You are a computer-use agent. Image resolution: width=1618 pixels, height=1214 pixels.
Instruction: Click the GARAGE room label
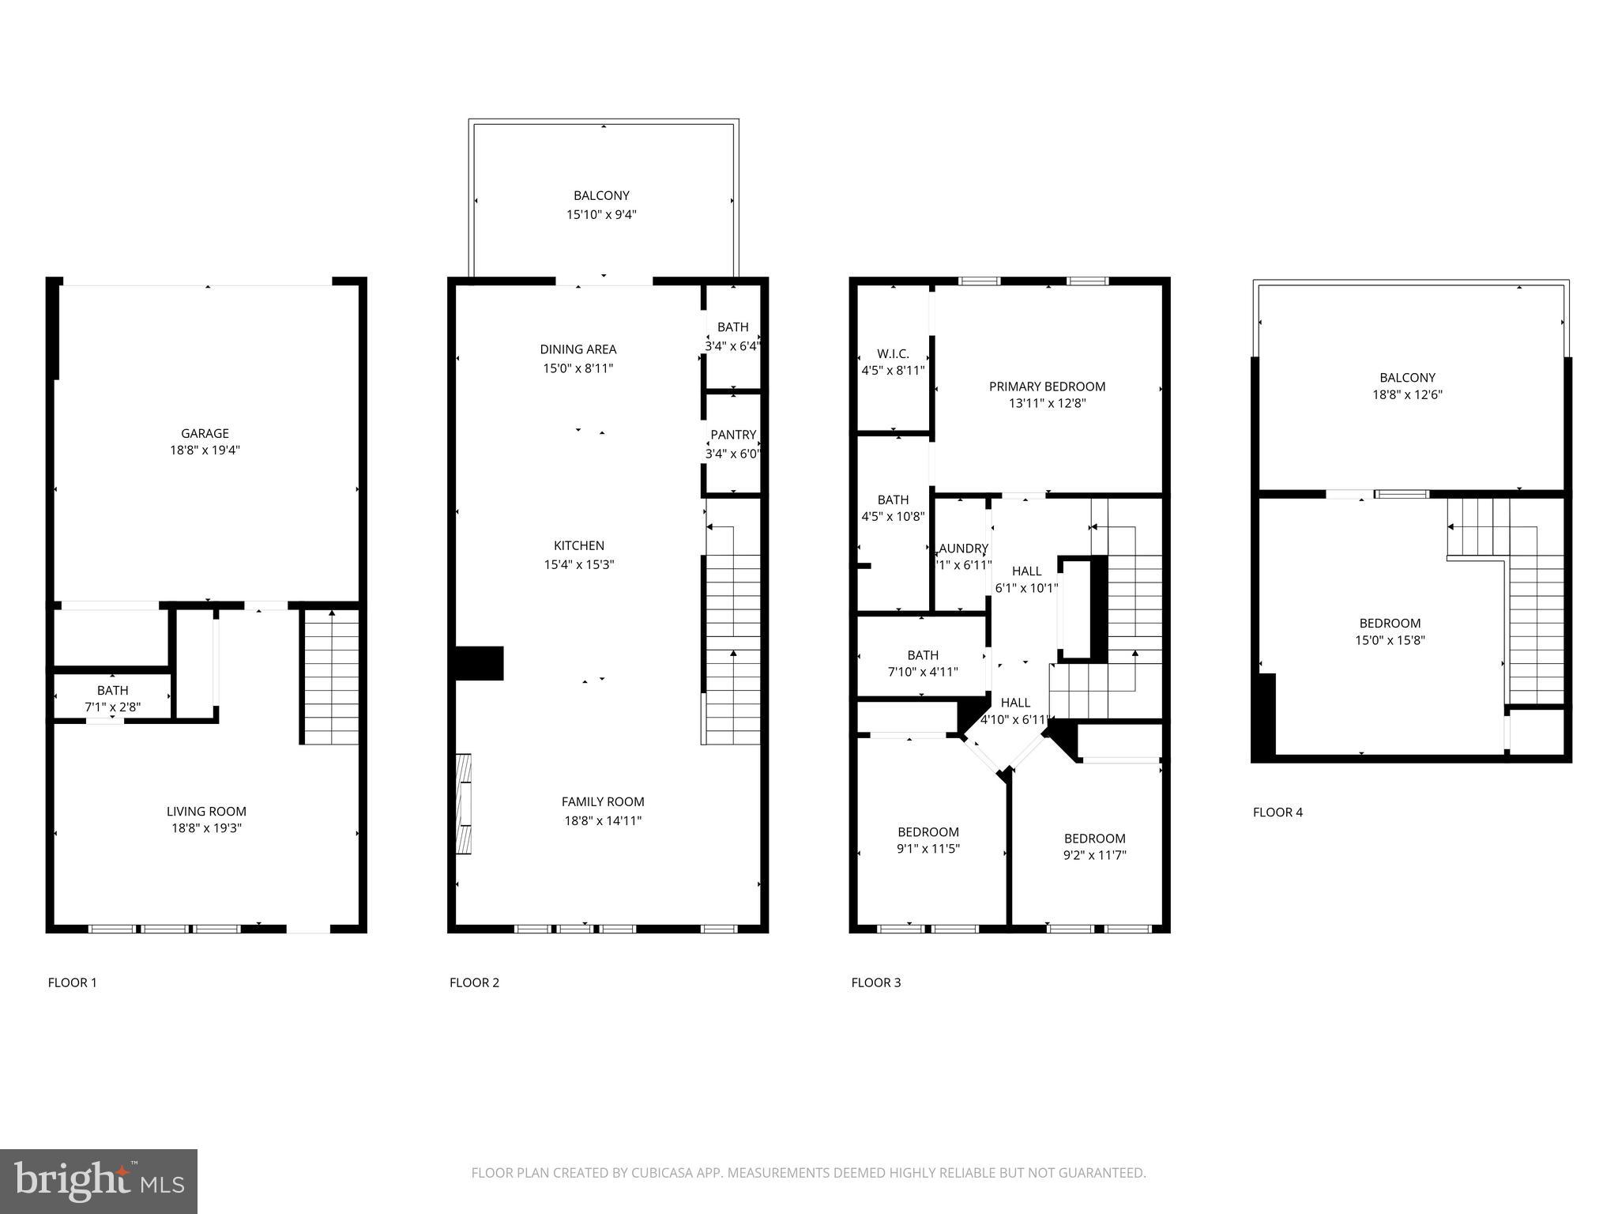tap(205, 433)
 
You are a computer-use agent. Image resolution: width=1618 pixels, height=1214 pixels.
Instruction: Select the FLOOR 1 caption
tap(72, 982)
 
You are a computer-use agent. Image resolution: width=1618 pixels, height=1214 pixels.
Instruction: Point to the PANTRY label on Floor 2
tap(732, 435)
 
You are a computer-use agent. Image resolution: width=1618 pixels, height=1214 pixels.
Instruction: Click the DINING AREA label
tap(578, 349)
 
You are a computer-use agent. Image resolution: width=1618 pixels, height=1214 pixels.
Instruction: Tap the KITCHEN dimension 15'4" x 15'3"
tap(578, 564)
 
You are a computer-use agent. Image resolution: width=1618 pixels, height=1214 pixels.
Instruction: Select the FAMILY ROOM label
tap(602, 801)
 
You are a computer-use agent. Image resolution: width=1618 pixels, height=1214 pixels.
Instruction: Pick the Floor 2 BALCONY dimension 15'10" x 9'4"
tap(601, 214)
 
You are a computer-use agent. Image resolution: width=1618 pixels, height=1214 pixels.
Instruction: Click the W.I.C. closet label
tap(893, 354)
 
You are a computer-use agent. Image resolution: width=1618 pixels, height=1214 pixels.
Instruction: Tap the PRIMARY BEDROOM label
tap(1047, 386)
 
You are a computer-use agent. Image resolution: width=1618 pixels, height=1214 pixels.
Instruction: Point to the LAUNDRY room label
tap(963, 549)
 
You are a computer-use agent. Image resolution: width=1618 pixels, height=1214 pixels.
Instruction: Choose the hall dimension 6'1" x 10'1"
tap(1026, 588)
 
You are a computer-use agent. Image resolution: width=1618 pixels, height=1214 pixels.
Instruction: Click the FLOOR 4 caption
tap(1277, 812)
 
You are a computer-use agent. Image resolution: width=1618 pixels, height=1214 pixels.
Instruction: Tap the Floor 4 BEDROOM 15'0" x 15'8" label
tap(1389, 623)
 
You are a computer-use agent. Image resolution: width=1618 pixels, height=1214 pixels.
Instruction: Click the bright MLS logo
tap(98, 1181)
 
